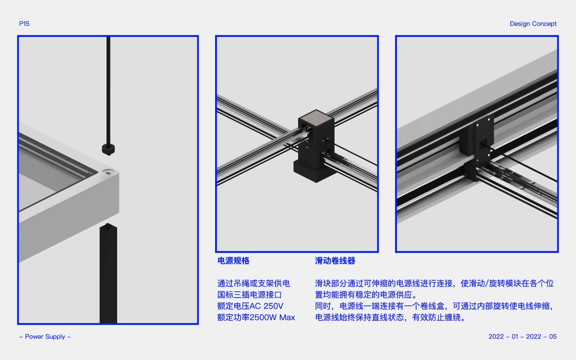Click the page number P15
point(24,24)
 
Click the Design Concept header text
point(533,24)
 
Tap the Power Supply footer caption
point(45,336)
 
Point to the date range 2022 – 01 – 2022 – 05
point(523,336)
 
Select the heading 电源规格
point(233,261)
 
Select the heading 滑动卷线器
point(335,261)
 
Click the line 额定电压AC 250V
point(250,306)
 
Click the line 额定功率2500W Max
point(256,317)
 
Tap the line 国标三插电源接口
point(250,295)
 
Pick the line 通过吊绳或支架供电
point(253,283)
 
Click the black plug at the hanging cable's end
point(108,149)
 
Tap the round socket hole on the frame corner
point(108,172)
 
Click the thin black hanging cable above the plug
point(108,91)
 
